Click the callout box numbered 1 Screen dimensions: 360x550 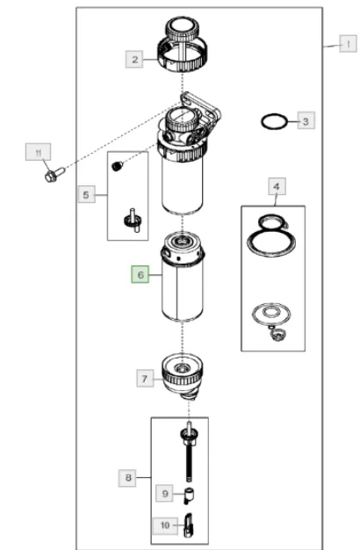(348, 44)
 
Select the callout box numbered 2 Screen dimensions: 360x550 (134, 59)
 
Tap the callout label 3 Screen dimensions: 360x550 (306, 120)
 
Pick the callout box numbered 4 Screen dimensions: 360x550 (277, 186)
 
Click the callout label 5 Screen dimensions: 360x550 (86, 194)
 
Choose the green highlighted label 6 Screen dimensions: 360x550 (140, 274)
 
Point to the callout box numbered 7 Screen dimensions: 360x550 (145, 378)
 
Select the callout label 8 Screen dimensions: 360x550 (127, 477)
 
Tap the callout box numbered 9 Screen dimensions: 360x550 (165, 493)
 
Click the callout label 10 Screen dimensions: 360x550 (165, 525)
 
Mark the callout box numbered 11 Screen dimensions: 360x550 (39, 152)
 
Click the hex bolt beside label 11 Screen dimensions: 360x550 (55, 175)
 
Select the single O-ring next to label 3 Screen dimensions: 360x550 (274, 121)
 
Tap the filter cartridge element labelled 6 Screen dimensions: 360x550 (183, 277)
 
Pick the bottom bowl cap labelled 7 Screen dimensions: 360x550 (183, 376)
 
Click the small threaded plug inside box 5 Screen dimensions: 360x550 (118, 165)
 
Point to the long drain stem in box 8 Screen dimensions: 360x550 (189, 452)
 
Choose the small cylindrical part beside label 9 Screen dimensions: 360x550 (190, 496)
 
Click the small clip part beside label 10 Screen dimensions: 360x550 (189, 525)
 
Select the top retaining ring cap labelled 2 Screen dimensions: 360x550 (182, 45)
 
